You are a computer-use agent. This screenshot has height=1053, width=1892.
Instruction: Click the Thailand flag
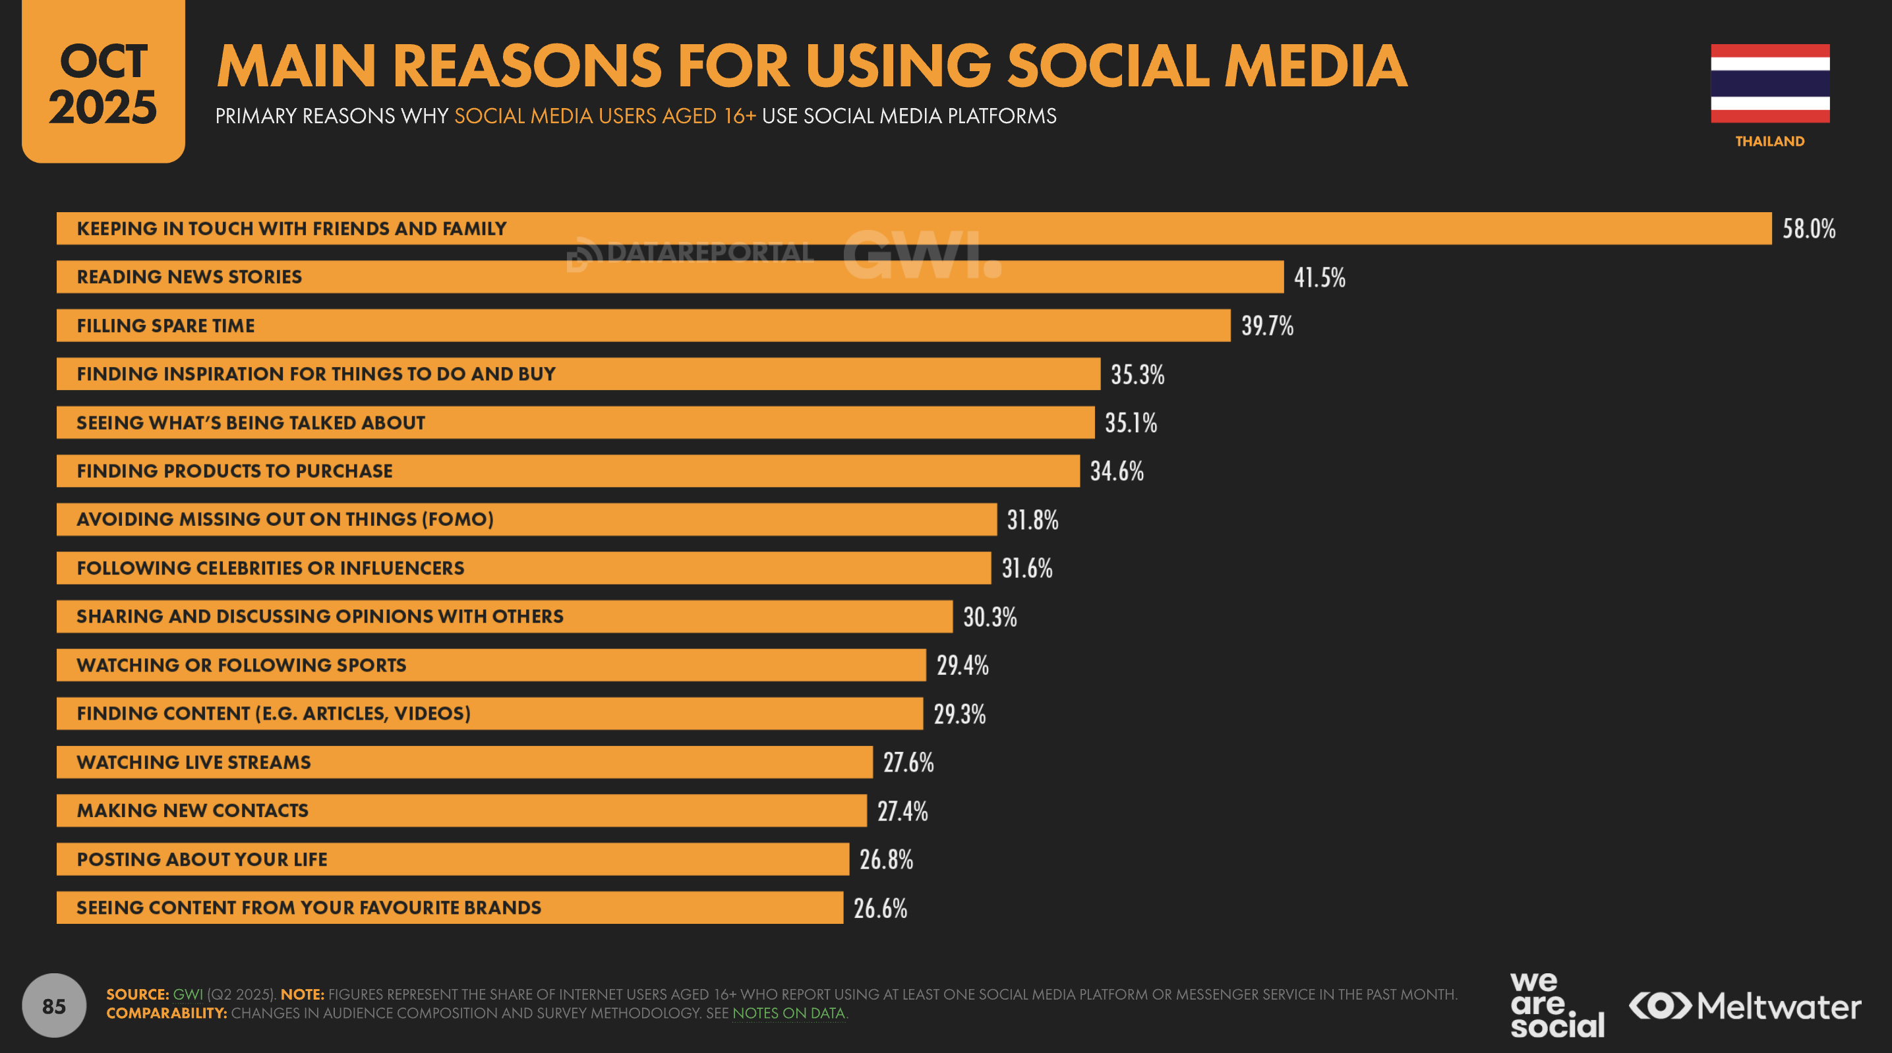1769,83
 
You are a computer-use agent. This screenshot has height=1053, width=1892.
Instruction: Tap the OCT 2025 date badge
103,82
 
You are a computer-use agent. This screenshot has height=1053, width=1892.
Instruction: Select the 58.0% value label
1808,229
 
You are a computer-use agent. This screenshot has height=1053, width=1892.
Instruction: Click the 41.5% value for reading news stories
1319,277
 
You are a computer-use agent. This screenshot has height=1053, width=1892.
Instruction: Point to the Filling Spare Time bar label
165,326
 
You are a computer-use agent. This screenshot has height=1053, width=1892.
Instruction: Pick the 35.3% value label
1137,374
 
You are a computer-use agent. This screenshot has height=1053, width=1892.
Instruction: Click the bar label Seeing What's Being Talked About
251,423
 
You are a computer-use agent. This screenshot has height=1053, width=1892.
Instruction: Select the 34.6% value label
1116,471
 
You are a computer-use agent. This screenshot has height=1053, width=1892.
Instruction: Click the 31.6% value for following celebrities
1027,569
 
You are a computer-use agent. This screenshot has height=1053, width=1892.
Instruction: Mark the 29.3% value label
959,714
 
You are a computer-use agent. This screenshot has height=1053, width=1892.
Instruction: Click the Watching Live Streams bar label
193,762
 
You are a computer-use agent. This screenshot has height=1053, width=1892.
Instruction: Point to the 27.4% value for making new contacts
902,811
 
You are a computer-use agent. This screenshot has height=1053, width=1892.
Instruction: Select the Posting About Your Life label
202,859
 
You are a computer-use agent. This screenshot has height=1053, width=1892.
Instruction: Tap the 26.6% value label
880,908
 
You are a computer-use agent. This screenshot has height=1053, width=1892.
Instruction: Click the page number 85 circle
53,1006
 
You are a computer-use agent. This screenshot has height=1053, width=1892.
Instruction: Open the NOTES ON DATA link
788,1013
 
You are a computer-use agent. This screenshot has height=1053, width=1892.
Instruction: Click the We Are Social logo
1556,1004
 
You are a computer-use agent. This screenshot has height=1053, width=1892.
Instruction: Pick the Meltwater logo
1744,1006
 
